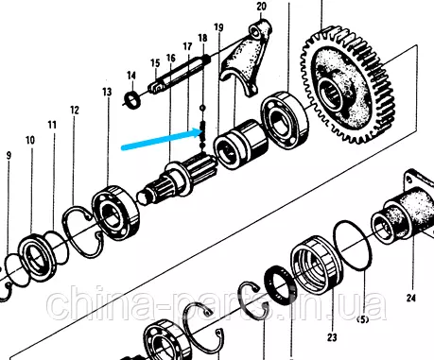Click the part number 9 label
pyautogui.click(x=9, y=156)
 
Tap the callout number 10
pyautogui.click(x=30, y=140)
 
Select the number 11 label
pyautogui.click(x=52, y=125)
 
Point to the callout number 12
pyautogui.click(x=75, y=111)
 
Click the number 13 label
pyautogui.click(x=107, y=92)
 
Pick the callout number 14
pyautogui.click(x=131, y=76)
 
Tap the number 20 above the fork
pyautogui.click(x=261, y=6)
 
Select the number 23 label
pyautogui.click(x=332, y=337)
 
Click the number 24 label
pyautogui.click(x=410, y=298)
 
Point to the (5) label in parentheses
pyautogui.click(x=362, y=319)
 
